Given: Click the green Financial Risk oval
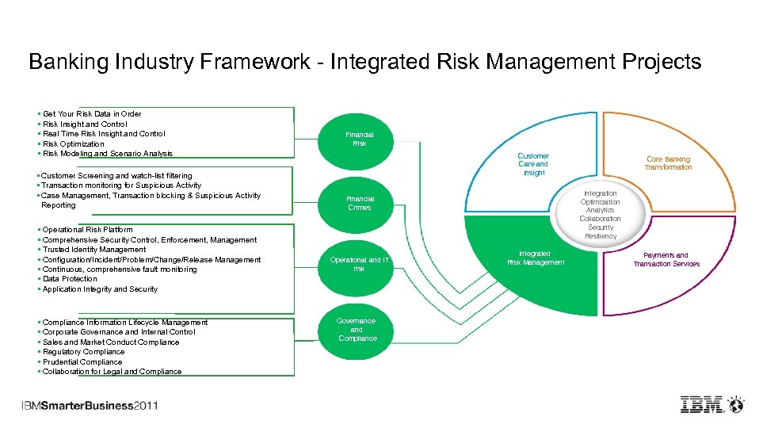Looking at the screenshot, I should point(360,139).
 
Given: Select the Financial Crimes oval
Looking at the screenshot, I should point(360,203).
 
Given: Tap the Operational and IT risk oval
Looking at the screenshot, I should point(360,264).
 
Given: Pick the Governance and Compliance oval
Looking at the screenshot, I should point(357,330).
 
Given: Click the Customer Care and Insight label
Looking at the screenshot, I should point(533,164).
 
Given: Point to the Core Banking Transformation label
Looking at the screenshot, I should point(668,163).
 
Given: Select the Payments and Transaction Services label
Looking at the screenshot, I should point(666,259).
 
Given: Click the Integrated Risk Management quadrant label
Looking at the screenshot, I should point(536,258).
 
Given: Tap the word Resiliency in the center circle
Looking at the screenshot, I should point(600,236).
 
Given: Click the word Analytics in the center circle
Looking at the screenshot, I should point(600,210).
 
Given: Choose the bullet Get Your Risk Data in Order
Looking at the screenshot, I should point(92,114).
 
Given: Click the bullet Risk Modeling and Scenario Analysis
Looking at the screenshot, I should point(107,154).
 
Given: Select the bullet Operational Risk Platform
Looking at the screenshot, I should point(87,230).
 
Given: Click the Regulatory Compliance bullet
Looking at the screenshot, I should point(83,352).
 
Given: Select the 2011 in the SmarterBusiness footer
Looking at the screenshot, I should point(146,406).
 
